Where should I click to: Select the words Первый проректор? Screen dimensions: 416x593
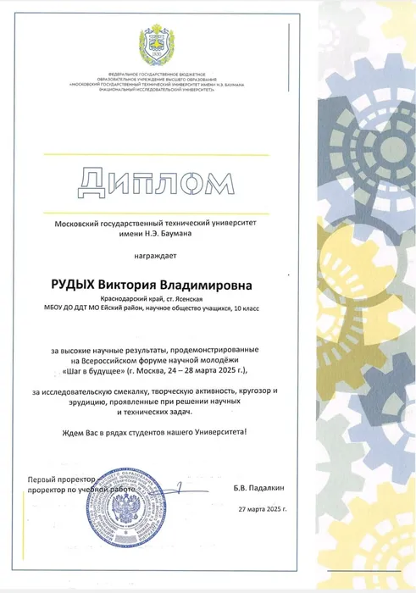58,479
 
